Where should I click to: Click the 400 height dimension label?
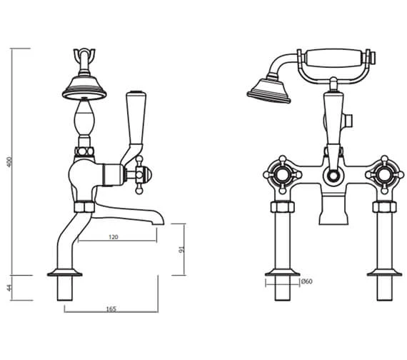click(9, 162)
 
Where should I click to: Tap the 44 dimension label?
click(9, 288)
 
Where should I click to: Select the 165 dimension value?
click(111, 309)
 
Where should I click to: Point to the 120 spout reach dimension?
click(114, 237)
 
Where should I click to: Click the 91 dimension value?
click(181, 249)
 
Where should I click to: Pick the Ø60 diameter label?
click(306, 281)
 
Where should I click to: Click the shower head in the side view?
click(84, 89)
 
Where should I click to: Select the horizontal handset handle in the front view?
click(336, 58)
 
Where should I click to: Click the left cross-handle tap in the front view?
click(283, 174)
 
